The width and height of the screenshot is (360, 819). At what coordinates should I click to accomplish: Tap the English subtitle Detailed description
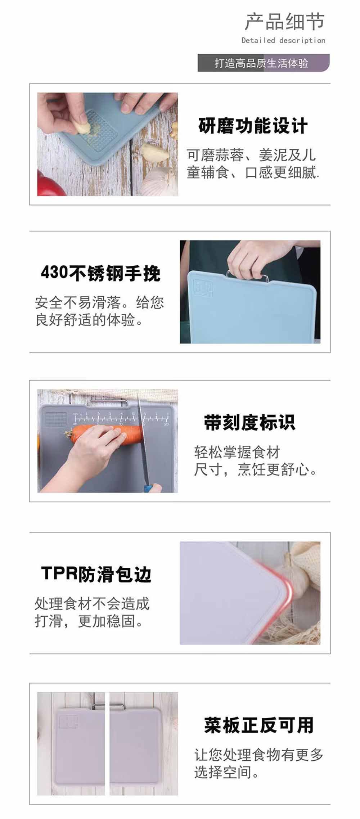click(283, 40)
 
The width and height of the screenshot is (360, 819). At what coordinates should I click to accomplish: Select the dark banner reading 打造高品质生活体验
click(263, 63)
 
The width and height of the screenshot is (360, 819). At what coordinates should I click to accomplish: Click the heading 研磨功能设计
click(253, 126)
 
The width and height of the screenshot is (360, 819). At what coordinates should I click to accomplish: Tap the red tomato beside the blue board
click(49, 184)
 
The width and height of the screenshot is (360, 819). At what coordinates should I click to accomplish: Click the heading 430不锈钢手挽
click(100, 273)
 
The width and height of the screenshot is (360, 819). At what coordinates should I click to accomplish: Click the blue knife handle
click(148, 488)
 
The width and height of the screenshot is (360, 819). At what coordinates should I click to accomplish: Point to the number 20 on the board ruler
click(166, 424)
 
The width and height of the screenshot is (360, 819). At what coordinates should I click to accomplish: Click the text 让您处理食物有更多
click(259, 755)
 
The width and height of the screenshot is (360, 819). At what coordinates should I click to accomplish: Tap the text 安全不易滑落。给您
click(99, 302)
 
